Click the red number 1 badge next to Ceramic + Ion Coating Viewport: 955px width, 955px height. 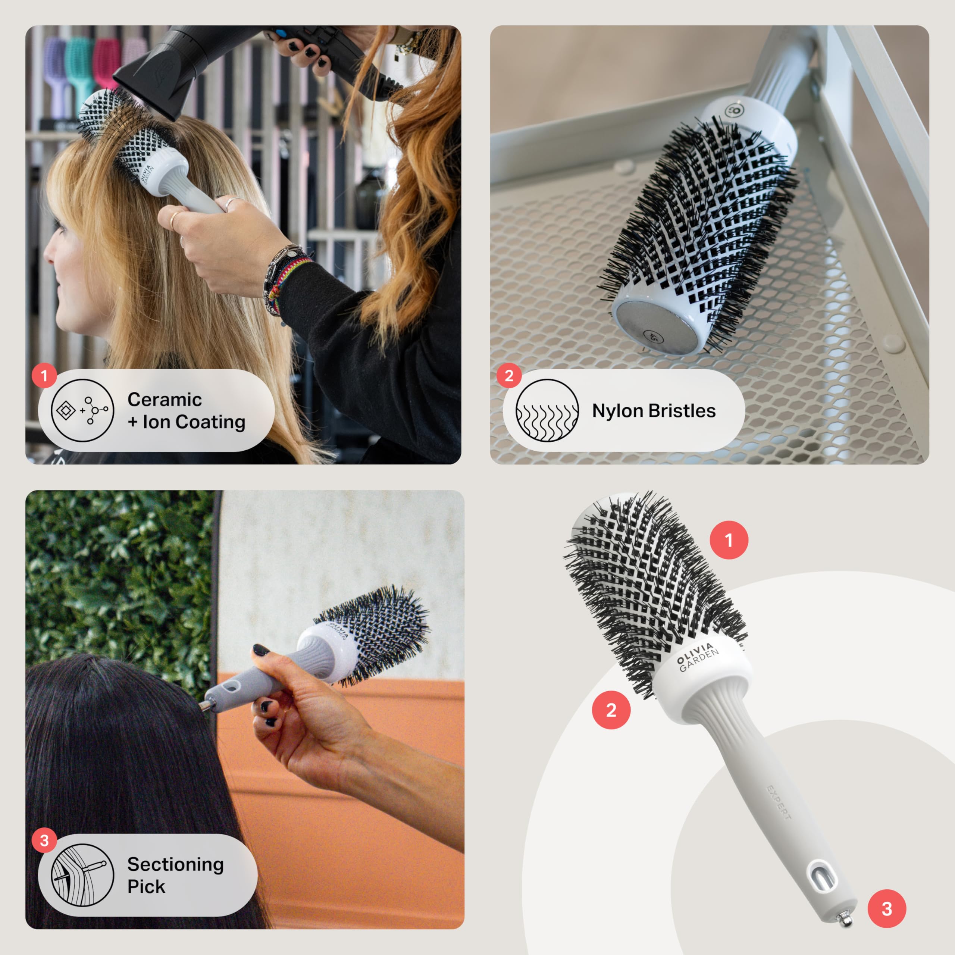44,376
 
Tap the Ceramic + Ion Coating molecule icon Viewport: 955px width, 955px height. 82,410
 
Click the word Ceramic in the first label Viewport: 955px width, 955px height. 164,400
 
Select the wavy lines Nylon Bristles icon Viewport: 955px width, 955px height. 547,410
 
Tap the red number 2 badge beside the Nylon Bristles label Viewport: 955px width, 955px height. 509,376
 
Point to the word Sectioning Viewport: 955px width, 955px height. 175,864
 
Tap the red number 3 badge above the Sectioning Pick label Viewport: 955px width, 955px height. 44,840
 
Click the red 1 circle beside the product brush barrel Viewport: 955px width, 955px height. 729,540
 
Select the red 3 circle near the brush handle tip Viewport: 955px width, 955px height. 887,908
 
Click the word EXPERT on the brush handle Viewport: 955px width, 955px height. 779,803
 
